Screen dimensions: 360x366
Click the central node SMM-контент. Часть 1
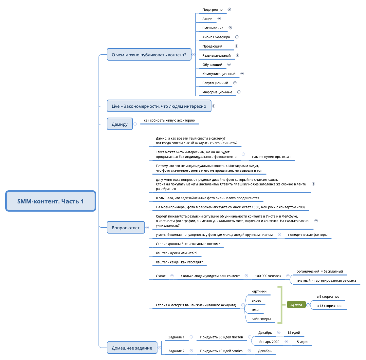click(51, 201)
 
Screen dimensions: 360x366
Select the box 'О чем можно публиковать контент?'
click(149, 55)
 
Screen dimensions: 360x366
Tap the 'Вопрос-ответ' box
click(126, 228)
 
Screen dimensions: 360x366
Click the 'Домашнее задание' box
click(132, 348)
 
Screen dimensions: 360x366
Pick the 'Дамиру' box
click(119, 124)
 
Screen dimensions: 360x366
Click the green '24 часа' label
click(296, 305)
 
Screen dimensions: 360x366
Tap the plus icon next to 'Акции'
click(219, 19)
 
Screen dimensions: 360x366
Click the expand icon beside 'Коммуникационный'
click(242, 74)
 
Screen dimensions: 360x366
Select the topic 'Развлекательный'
click(216, 55)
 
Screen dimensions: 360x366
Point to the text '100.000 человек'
click(268, 276)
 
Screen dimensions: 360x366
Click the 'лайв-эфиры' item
click(261, 319)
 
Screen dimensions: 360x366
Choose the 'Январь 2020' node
click(269, 342)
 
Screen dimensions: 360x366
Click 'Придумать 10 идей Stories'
click(221, 351)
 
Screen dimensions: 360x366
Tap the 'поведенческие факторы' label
click(307, 235)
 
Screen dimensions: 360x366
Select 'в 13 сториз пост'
click(329, 306)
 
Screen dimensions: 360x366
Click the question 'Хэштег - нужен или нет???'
click(176, 253)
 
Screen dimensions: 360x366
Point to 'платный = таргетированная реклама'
click(326, 280)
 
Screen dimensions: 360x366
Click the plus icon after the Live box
click(213, 106)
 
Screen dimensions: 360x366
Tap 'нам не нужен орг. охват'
click(271, 157)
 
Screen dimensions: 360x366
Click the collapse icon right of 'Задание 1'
click(191, 337)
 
